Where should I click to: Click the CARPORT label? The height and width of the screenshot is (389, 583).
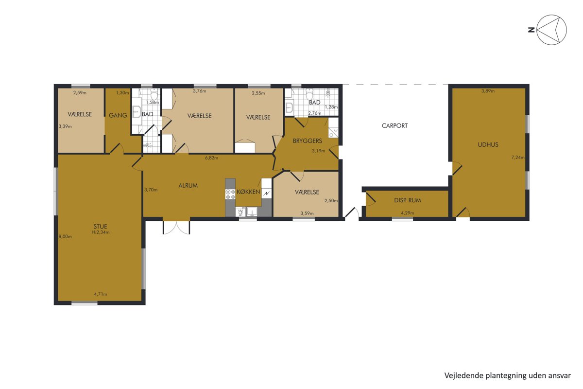point(394,125)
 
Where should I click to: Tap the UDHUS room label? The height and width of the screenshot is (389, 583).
point(488,144)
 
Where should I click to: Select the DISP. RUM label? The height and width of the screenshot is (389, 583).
point(407,200)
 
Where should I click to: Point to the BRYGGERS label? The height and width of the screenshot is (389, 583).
point(308,141)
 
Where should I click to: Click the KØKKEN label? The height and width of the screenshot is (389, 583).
point(248,192)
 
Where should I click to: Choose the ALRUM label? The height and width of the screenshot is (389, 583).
point(188,186)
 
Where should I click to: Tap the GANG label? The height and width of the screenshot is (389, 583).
point(118,115)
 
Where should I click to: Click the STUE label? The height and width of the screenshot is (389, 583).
point(100,227)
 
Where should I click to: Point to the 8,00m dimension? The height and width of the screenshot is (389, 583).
point(65,237)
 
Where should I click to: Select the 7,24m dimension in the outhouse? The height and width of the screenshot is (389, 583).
point(518,158)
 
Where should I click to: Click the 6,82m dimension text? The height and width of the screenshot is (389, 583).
point(212,158)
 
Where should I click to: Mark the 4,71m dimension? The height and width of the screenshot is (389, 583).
point(101,294)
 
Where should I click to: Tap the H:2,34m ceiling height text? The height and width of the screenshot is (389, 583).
point(101,232)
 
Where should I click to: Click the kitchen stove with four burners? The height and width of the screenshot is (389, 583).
point(230,194)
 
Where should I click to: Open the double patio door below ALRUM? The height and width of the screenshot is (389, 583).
point(176,228)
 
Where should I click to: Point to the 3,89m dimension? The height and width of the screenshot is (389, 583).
point(488,91)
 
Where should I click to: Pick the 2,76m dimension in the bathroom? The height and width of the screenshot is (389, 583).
point(315,113)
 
